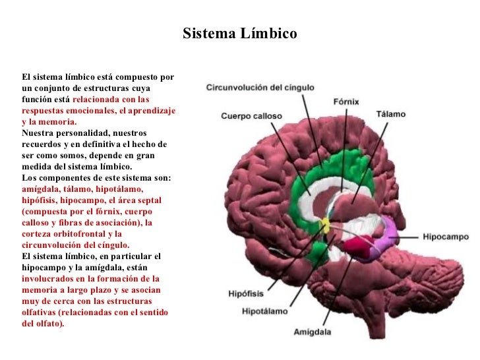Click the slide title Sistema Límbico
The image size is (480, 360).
pos(239,33)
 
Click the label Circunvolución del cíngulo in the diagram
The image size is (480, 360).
pos(260,87)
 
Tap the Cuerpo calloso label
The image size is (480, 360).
pos(251,116)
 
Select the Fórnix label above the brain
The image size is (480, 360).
pos(345,102)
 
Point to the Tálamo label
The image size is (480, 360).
pos(390,114)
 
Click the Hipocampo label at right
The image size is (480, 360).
pos(445,236)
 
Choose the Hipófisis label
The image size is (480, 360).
pos(247,293)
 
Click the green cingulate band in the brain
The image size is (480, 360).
pos(300,191)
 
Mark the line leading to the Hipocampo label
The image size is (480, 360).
pos(409,235)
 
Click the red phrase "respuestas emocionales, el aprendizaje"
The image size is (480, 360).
pos(99,111)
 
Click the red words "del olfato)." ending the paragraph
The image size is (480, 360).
pos(43,323)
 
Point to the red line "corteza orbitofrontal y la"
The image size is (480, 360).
pos(72,233)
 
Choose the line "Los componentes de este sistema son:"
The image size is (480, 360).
pos(96,178)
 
